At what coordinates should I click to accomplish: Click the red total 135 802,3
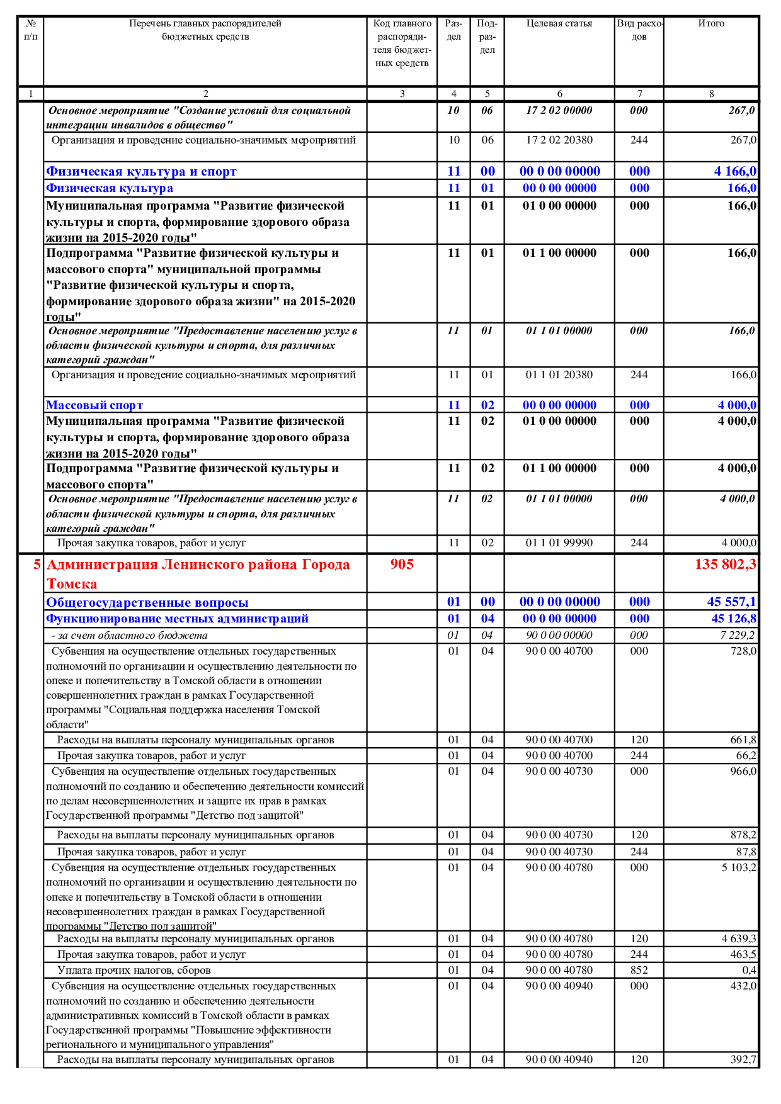[725, 565]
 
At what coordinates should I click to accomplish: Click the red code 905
[402, 565]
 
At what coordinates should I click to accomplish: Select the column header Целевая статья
[559, 24]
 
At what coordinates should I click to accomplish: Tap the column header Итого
[711, 24]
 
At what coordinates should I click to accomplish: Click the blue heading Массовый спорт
[94, 405]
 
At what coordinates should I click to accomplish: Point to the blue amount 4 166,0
[735, 171]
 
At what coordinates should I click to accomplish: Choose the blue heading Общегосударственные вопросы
[147, 602]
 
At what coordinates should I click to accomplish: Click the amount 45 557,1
[731, 602]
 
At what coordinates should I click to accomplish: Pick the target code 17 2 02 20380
[559, 140]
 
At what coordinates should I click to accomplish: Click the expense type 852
[639, 970]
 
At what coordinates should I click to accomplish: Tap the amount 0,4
[749, 970]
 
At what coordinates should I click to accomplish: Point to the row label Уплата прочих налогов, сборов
[134, 970]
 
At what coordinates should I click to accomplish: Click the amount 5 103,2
[739, 868]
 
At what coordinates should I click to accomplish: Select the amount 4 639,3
[739, 939]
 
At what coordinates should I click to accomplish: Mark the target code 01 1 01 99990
[559, 543]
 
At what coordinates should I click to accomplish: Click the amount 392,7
[743, 1060]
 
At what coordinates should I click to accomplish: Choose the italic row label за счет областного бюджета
[130, 636]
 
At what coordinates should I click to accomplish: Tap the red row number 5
[37, 565]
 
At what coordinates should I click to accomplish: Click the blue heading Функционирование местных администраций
[177, 619]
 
